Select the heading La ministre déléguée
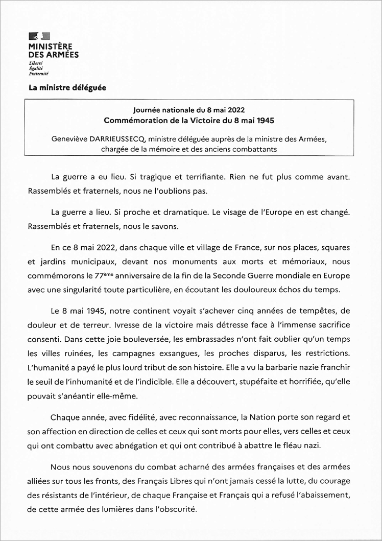click(x=67, y=87)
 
